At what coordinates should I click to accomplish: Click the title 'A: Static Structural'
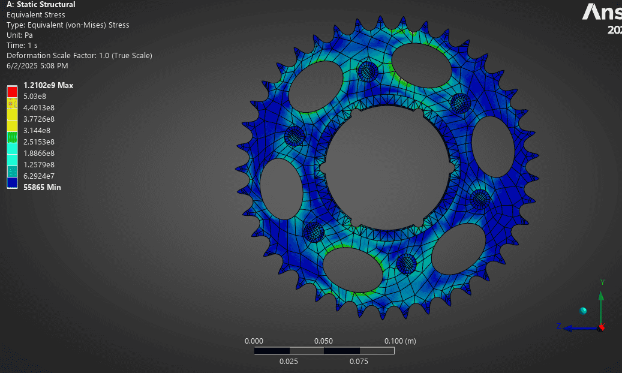click(41, 5)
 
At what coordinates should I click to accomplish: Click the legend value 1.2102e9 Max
click(48, 85)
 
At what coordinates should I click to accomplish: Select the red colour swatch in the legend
click(12, 91)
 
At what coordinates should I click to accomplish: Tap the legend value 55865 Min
click(42, 187)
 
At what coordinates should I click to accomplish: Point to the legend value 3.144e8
click(37, 130)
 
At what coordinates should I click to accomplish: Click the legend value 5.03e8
click(35, 96)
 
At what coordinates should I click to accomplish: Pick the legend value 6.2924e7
click(39, 176)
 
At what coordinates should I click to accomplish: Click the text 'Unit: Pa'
click(20, 35)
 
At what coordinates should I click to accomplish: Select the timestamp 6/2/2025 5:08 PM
click(37, 65)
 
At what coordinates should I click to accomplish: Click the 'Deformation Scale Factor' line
click(79, 56)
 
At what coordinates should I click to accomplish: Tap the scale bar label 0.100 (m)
click(400, 341)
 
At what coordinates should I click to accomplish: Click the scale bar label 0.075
click(359, 361)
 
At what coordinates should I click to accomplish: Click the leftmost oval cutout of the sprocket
click(281, 189)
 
